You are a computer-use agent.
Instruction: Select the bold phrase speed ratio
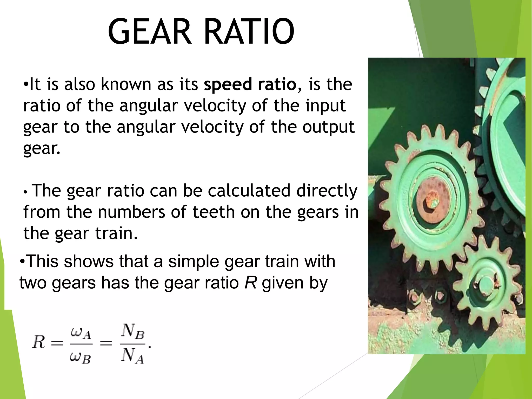click(x=250, y=84)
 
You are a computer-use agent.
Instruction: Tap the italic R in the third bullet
click(x=251, y=283)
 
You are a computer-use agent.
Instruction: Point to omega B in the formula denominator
click(x=81, y=358)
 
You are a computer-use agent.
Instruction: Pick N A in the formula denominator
click(x=132, y=356)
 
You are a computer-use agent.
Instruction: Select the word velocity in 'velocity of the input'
click(x=215, y=106)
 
